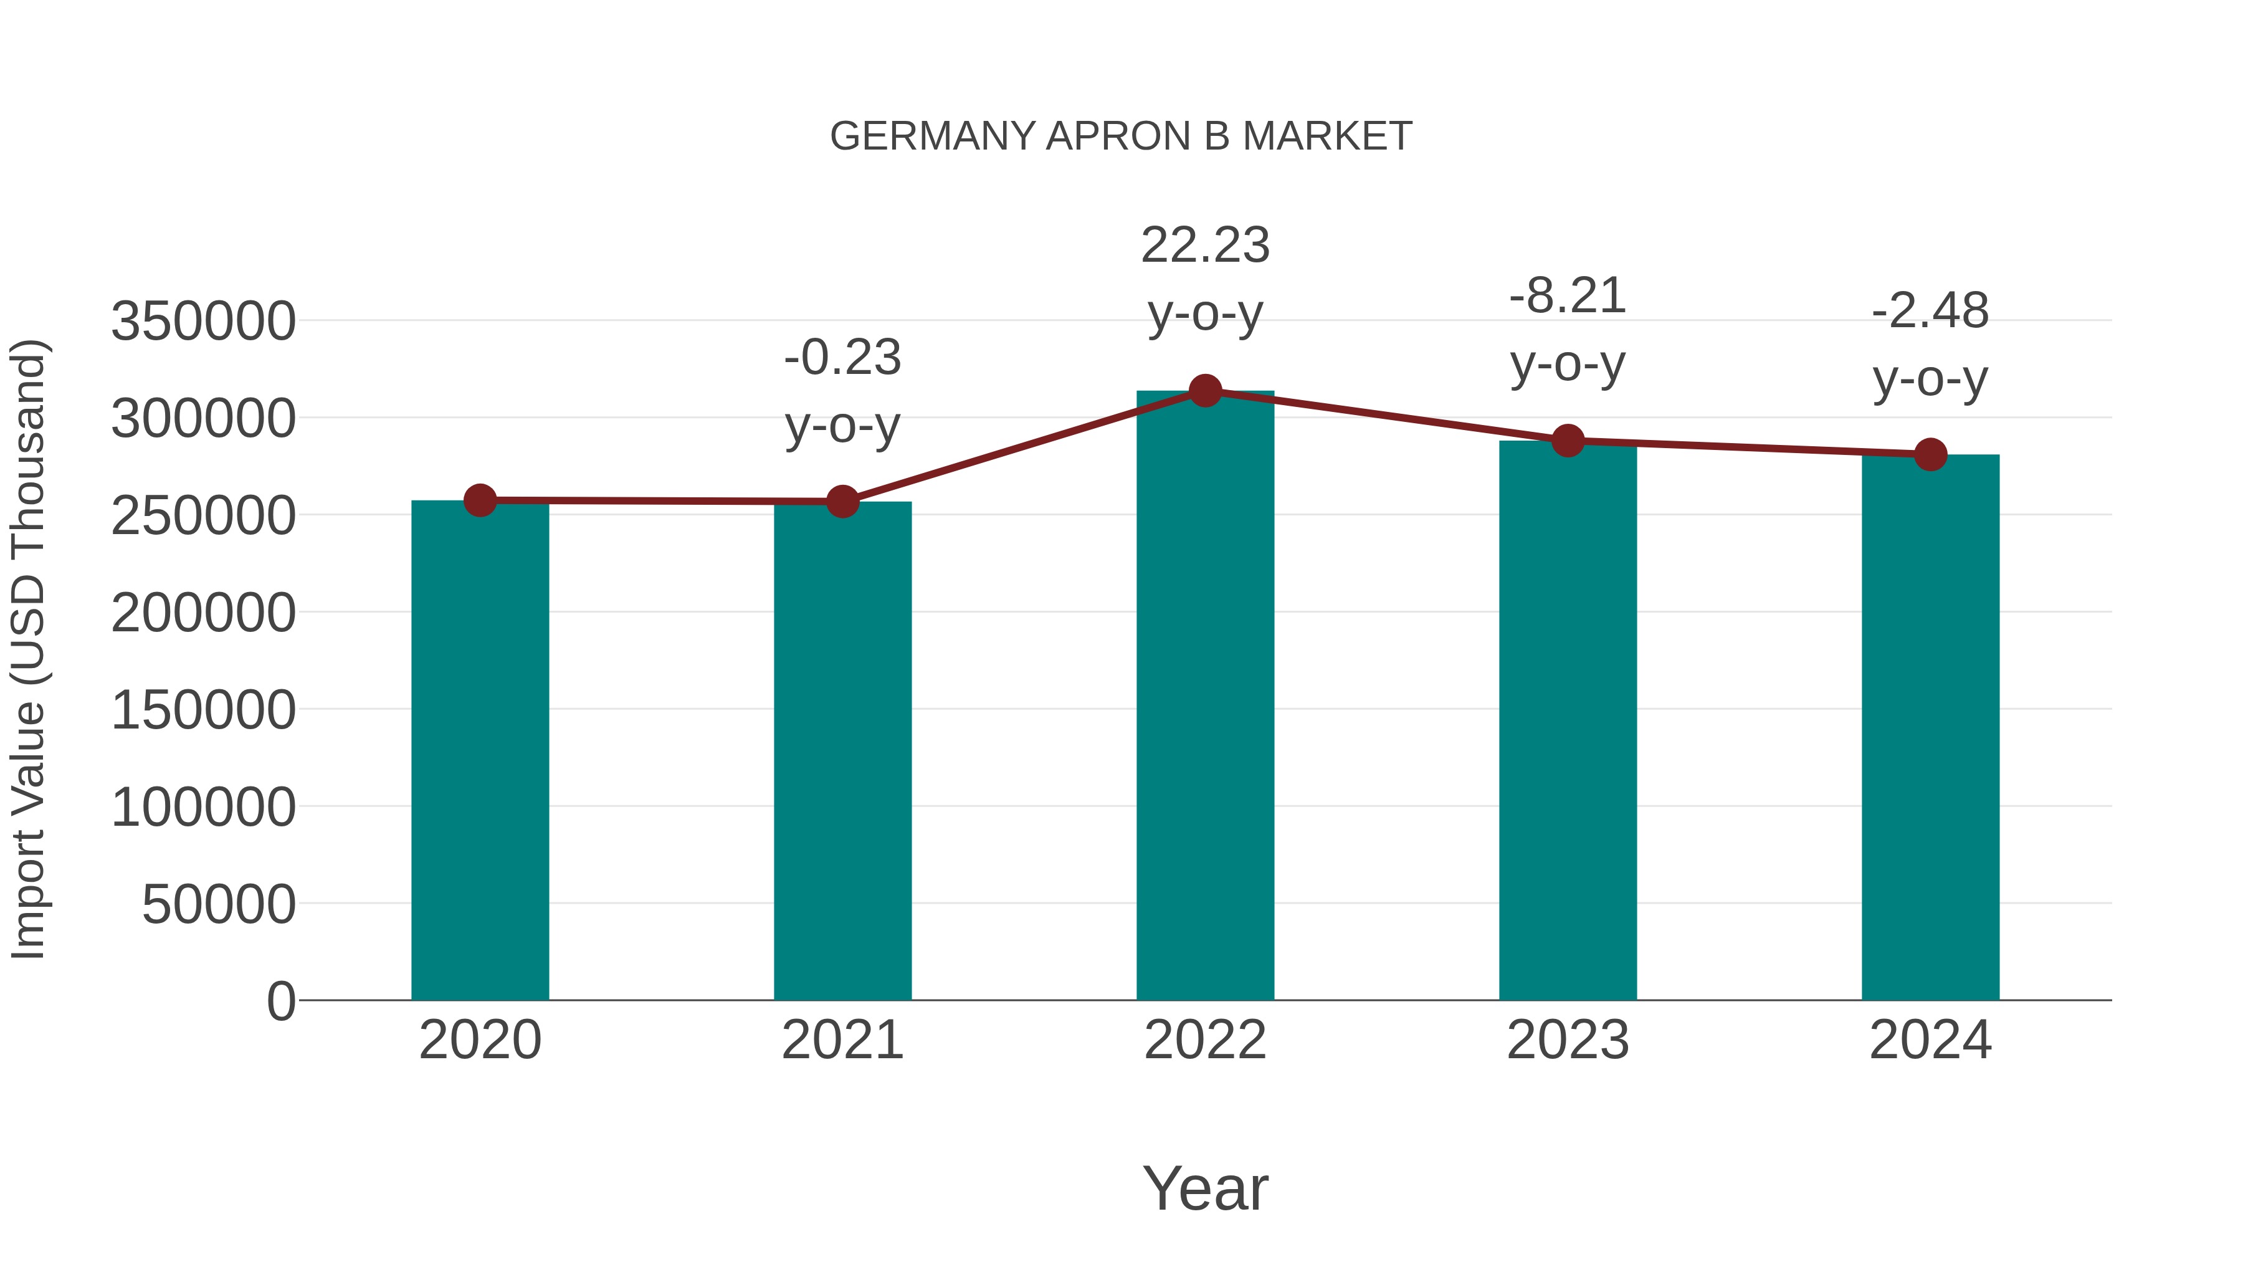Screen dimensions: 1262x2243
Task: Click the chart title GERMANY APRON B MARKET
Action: click(1121, 136)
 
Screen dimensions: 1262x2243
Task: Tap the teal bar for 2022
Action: click(1205, 697)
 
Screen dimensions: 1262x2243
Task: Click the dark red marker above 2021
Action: click(842, 502)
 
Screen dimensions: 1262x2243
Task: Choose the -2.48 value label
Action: click(1930, 311)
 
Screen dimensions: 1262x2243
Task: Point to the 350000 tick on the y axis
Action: click(203, 322)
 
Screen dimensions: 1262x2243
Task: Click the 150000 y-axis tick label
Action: click(203, 710)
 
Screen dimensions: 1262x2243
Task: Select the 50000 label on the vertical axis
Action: click(219, 904)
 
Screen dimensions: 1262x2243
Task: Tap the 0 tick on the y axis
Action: click(280, 1001)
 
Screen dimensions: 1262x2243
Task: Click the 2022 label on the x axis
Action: click(1205, 1040)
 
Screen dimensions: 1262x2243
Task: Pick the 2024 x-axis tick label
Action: click(1930, 1040)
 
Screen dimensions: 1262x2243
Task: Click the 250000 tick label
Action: click(203, 515)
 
